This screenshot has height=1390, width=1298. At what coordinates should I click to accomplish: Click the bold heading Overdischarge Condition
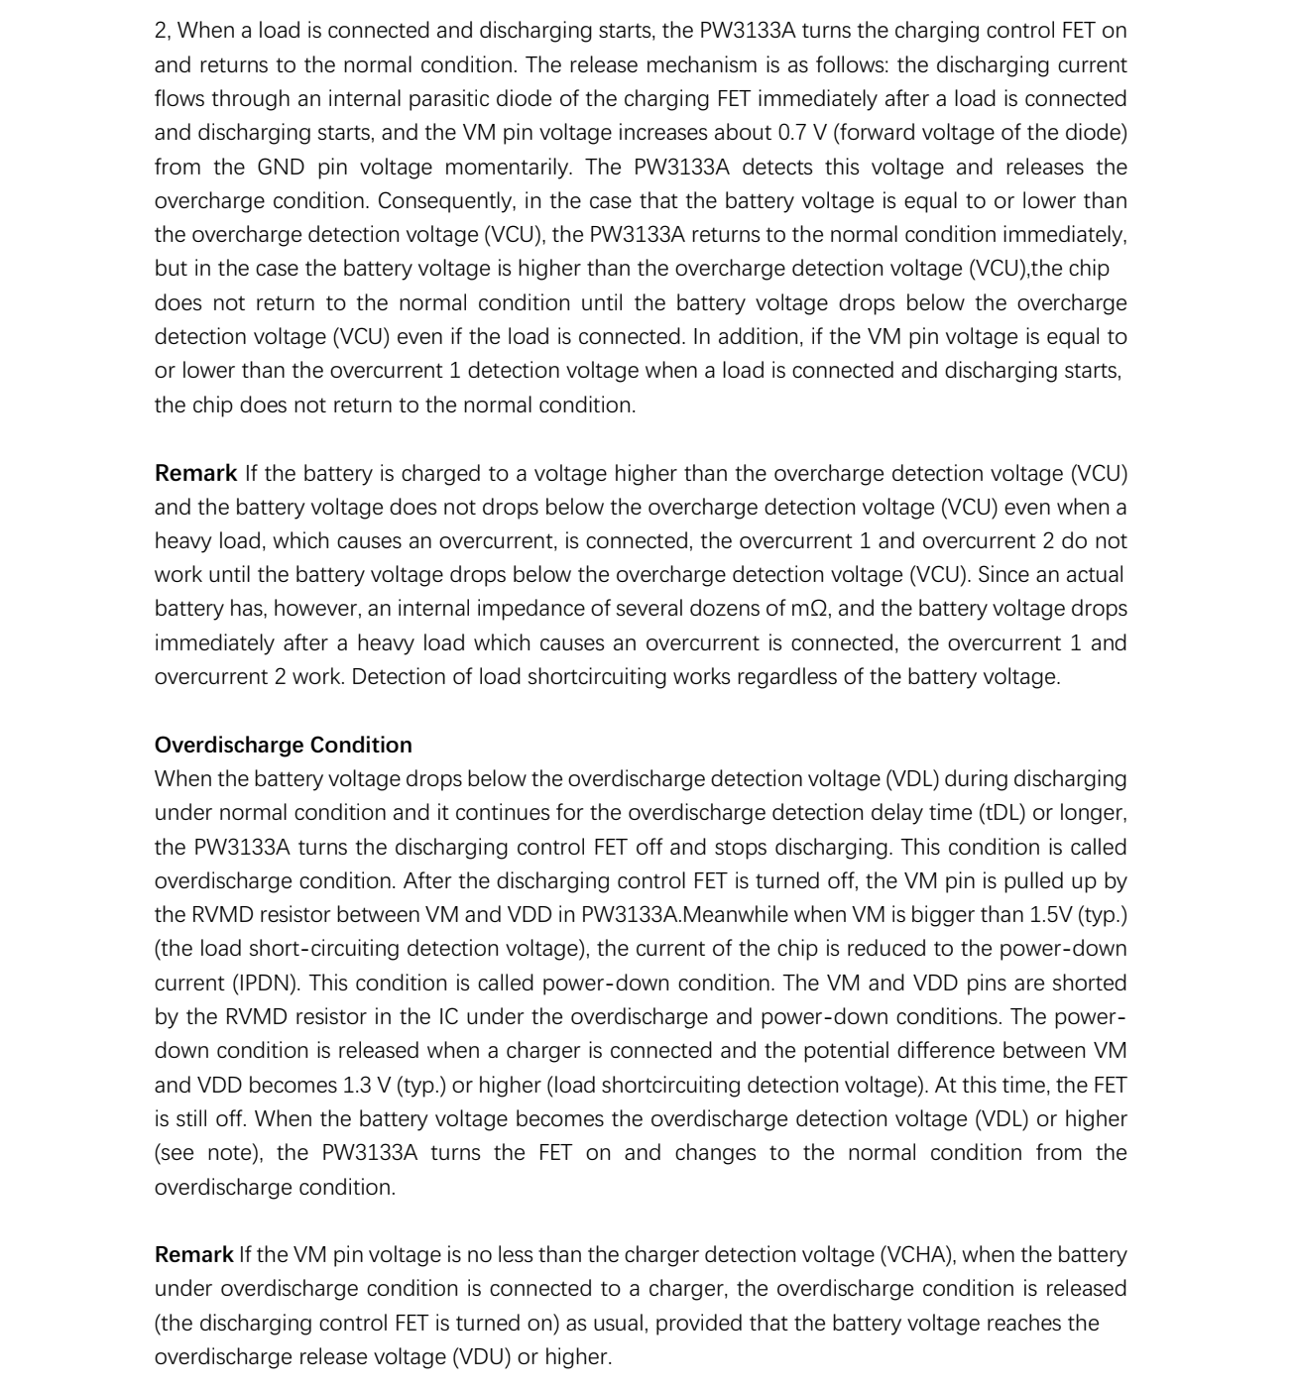283,745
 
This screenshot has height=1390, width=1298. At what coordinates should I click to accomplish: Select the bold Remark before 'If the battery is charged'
195,473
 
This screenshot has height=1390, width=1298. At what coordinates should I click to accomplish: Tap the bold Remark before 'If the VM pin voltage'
193,1254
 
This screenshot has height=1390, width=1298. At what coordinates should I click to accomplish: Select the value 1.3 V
367,1085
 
